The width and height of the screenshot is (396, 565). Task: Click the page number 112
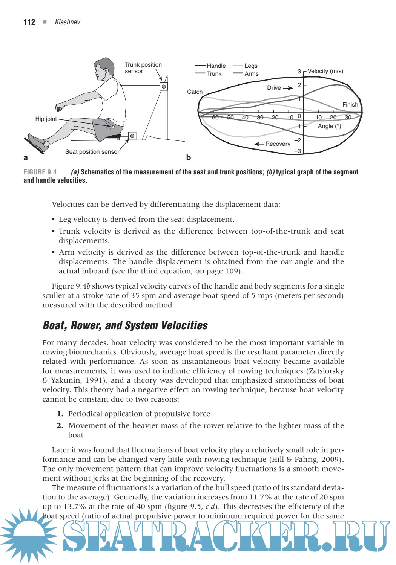29,22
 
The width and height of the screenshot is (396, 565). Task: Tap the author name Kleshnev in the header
68,22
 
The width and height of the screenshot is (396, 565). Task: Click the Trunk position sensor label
143,68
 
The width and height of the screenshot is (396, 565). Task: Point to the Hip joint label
46,119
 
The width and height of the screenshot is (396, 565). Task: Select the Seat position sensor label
92,152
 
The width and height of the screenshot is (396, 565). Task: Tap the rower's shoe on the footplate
37,143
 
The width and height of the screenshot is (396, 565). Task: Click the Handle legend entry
216,66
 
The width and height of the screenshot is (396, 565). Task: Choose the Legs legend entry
250,66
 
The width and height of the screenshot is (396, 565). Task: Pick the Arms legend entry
251,74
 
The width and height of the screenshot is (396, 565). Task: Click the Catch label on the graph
195,92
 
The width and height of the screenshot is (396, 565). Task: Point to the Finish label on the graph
350,105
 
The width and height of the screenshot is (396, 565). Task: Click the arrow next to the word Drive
288,88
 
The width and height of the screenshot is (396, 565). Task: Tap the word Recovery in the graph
278,144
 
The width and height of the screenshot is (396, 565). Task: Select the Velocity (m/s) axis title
325,71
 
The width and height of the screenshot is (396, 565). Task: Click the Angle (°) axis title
329,126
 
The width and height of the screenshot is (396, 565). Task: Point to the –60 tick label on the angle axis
214,118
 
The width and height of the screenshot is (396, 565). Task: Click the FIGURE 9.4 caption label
40,172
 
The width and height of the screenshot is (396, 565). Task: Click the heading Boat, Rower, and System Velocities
125,325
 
